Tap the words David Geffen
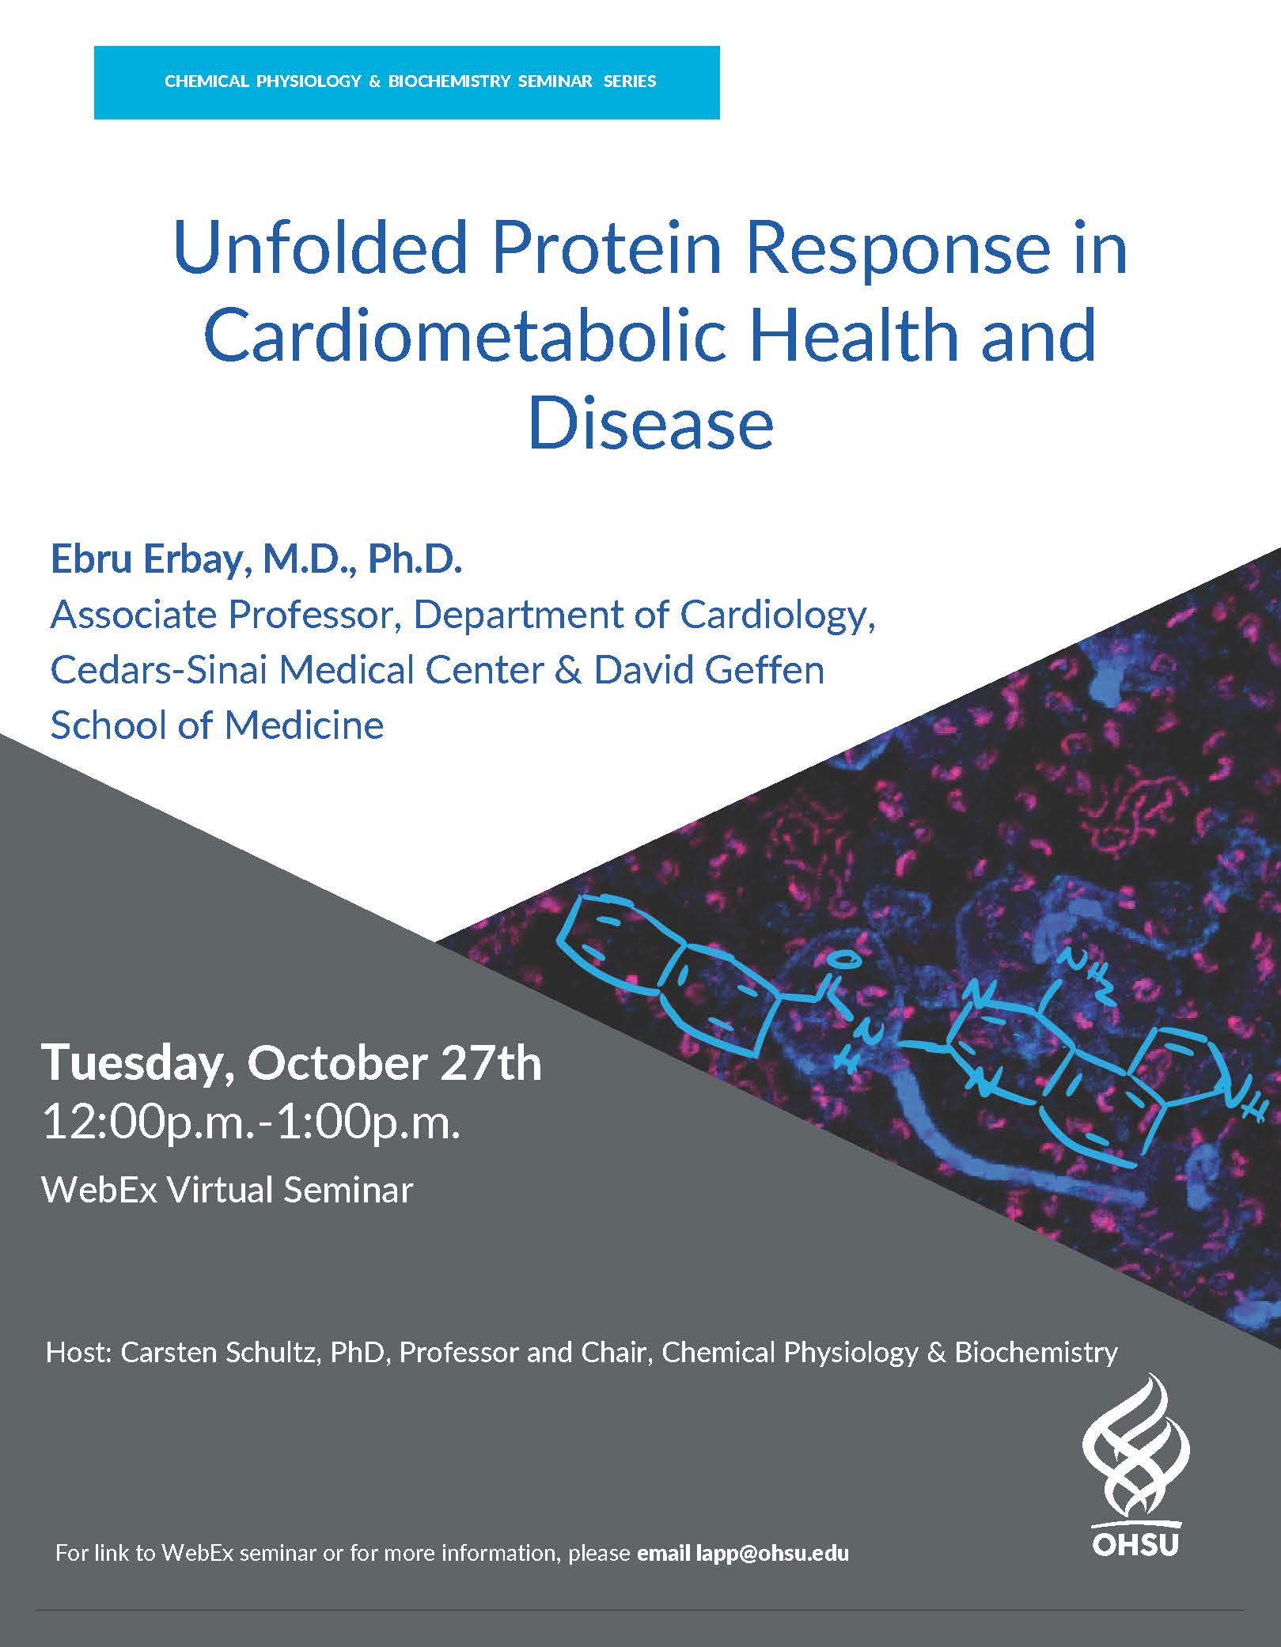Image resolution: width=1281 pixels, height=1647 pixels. click(709, 669)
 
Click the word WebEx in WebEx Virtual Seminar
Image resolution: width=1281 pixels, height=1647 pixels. click(91, 1190)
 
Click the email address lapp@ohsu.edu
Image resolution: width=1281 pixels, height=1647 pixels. click(772, 1553)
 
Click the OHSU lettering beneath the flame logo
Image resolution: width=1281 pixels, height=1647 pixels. click(1135, 1543)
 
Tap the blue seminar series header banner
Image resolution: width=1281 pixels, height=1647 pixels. click(407, 82)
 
